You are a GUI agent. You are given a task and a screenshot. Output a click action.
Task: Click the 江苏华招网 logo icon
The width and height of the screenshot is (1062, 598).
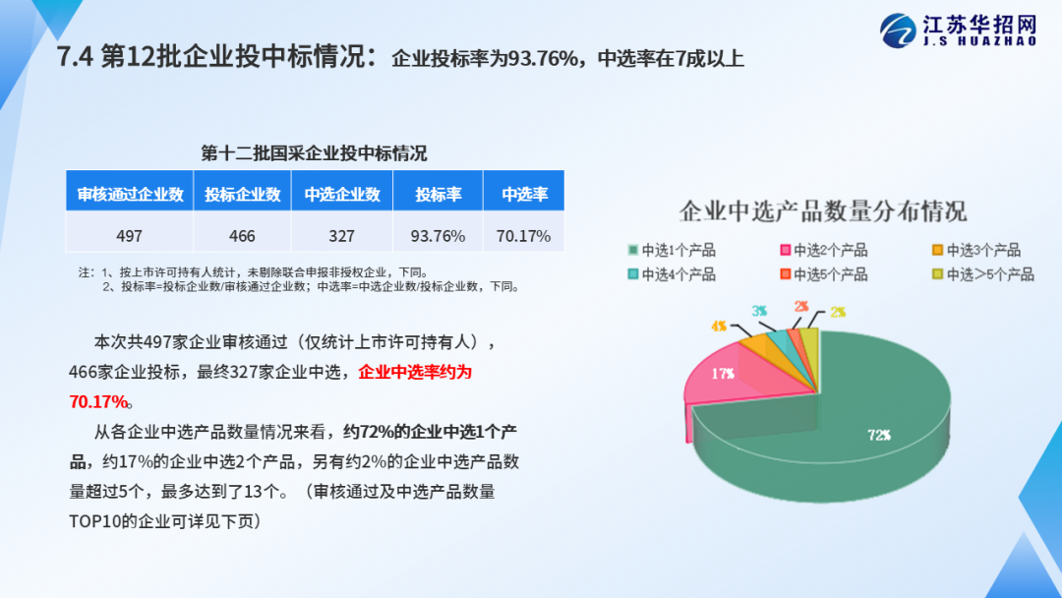(x=898, y=30)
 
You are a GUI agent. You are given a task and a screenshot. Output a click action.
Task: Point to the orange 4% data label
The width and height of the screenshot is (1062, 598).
(x=719, y=327)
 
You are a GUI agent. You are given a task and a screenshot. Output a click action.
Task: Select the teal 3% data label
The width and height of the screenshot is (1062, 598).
(x=759, y=311)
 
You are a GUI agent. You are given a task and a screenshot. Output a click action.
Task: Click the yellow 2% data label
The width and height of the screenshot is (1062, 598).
(x=838, y=312)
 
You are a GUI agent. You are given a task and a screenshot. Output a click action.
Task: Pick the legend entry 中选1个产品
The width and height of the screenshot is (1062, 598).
(x=672, y=250)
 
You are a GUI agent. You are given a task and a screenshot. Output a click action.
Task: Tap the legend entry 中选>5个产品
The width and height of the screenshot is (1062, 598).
(x=983, y=274)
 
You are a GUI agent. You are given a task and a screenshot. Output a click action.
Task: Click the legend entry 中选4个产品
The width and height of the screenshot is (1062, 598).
(x=672, y=274)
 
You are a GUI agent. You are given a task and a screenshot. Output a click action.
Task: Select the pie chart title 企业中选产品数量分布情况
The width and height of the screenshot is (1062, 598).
(x=823, y=211)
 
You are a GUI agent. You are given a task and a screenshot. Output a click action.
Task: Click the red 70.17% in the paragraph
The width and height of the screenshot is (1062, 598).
(x=98, y=401)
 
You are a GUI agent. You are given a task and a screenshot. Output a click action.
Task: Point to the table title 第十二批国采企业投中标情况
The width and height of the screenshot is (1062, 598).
(x=315, y=153)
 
